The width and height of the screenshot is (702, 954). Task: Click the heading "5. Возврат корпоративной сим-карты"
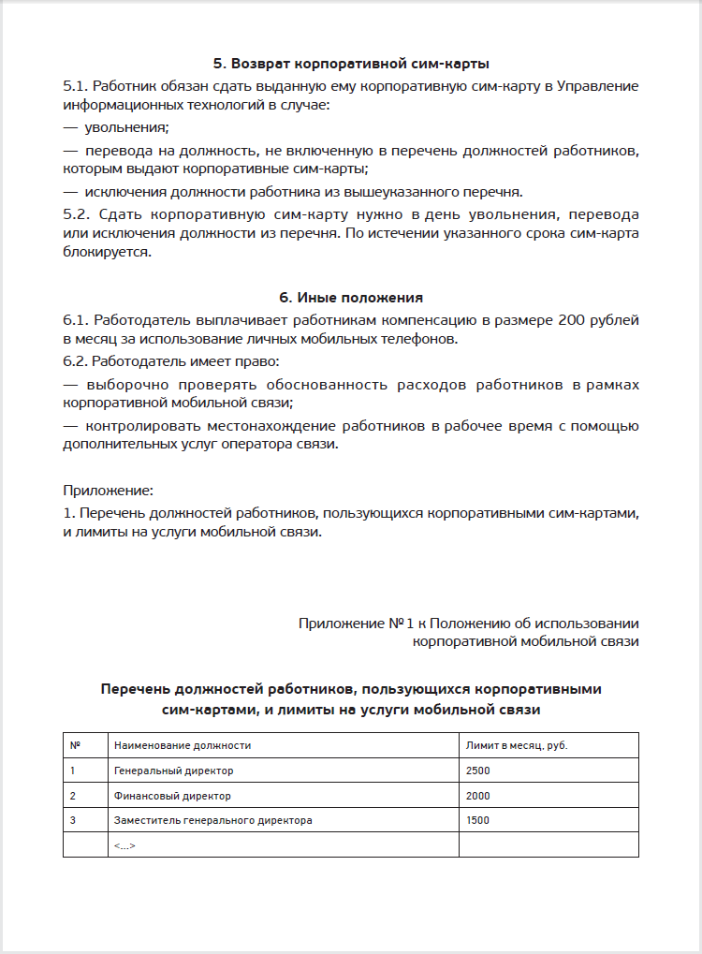pyautogui.click(x=351, y=64)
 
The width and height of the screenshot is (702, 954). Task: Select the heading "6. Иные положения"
pyautogui.click(x=351, y=298)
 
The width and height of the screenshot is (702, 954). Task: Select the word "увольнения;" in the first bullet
pyautogui.click(x=126, y=127)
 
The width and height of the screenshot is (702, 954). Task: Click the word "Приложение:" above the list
pyautogui.click(x=108, y=490)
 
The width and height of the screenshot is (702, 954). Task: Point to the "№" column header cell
pyautogui.click(x=76, y=745)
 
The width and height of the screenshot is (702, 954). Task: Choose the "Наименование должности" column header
pyautogui.click(x=182, y=745)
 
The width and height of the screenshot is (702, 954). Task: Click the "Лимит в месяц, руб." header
pyautogui.click(x=517, y=745)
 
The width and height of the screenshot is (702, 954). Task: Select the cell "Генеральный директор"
pyautogui.click(x=173, y=771)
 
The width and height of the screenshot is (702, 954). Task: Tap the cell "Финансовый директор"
pyautogui.click(x=172, y=796)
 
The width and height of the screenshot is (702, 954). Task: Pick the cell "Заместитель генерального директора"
pyautogui.click(x=212, y=820)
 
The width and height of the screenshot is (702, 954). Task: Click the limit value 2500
pyautogui.click(x=477, y=771)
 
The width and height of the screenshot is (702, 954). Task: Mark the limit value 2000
pyautogui.click(x=477, y=796)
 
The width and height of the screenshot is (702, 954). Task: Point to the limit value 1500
pyautogui.click(x=477, y=820)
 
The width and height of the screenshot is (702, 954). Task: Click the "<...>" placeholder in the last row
pyautogui.click(x=124, y=845)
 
